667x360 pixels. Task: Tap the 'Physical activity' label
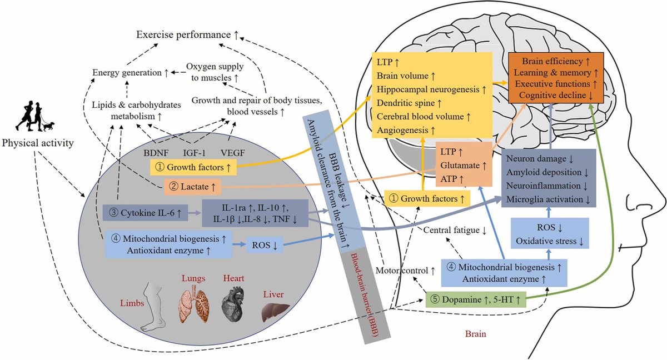tap(38, 144)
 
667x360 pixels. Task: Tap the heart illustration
tap(232, 306)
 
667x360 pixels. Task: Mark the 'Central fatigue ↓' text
tap(455, 229)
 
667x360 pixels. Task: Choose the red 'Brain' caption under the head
tap(476, 334)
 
